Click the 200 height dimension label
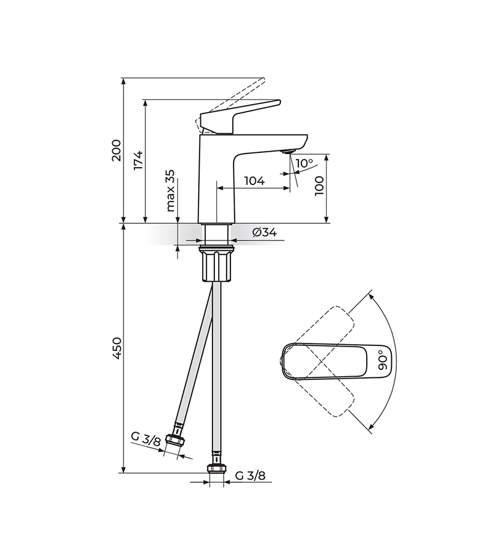(116, 150)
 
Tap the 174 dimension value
(138, 160)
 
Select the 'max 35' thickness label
(171, 190)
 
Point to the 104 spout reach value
(255, 181)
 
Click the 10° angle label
(304, 163)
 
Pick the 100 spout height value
(319, 186)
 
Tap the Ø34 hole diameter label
(264, 232)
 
